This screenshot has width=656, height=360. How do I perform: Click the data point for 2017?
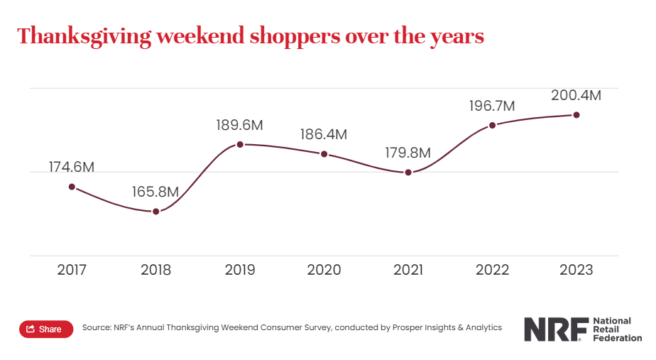click(72, 187)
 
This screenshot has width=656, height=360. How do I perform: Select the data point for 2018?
click(156, 212)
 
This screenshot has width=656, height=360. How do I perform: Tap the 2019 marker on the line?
click(240, 144)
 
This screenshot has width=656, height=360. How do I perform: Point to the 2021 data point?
click(408, 173)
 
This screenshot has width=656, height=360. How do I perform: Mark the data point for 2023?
click(576, 114)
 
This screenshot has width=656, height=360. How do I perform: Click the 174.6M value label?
click(72, 167)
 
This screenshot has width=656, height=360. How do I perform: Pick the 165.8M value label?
click(155, 192)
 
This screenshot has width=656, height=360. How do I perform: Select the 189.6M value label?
click(240, 125)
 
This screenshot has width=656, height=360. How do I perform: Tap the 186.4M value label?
click(324, 134)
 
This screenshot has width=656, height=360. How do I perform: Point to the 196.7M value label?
click(492, 106)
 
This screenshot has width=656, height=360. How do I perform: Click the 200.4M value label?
click(576, 95)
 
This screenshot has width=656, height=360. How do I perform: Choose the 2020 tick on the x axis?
click(324, 270)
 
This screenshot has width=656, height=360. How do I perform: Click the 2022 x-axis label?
click(492, 270)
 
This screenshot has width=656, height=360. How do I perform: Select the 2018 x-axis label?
click(155, 270)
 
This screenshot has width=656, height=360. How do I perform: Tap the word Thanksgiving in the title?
click(84, 36)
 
